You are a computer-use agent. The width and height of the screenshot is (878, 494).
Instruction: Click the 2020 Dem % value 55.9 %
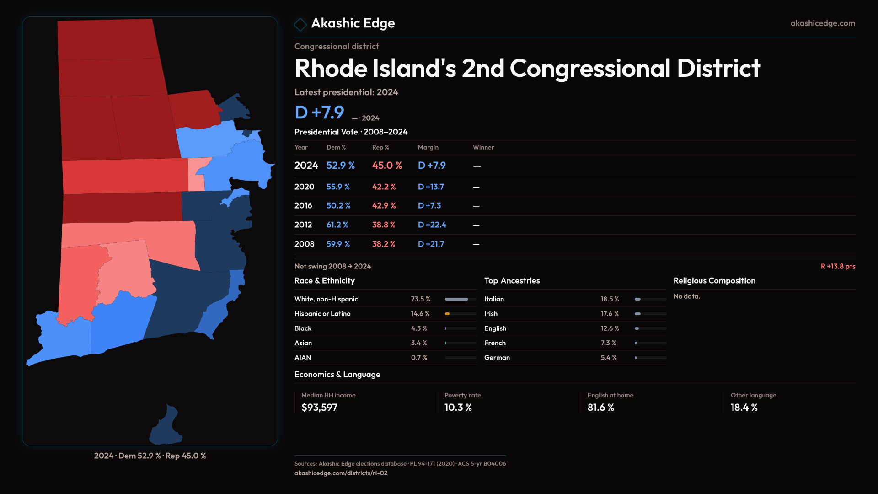tap(338, 187)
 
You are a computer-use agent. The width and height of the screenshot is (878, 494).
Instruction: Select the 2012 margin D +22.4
tap(432, 225)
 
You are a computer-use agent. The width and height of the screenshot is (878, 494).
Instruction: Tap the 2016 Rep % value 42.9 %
tap(384, 206)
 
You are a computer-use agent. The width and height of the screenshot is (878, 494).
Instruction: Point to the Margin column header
tap(428, 147)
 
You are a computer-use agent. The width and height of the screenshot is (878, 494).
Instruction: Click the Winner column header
tap(483, 147)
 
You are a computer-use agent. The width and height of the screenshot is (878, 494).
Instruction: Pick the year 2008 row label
tap(304, 244)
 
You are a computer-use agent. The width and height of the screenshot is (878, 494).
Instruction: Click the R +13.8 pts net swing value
tap(838, 266)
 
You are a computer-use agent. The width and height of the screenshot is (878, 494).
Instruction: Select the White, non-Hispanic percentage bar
tap(460, 299)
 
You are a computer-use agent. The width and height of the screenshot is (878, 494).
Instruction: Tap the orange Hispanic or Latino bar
tap(448, 314)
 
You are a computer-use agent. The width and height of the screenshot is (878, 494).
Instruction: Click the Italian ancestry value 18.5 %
tap(610, 299)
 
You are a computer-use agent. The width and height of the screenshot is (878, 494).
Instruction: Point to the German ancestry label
tap(497, 358)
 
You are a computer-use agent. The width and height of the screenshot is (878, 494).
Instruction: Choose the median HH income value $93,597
tap(319, 408)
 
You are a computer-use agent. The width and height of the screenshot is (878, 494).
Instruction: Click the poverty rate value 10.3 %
tap(458, 408)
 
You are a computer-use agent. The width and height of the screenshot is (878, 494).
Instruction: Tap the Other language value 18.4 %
tap(744, 408)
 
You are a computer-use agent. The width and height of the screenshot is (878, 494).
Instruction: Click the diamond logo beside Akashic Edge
tap(300, 24)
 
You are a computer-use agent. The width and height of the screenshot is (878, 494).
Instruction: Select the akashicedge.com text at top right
tap(823, 23)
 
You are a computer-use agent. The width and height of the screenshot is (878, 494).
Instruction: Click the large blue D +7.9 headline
tap(319, 113)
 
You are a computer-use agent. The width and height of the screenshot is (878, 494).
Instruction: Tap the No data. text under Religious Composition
tap(686, 296)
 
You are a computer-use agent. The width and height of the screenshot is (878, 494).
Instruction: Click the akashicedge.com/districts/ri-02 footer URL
tap(341, 473)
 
